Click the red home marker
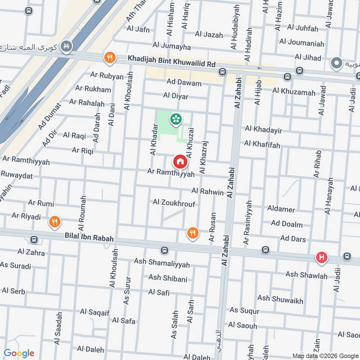(x=180, y=161)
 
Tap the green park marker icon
(x=175, y=119)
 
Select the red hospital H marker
(x=321, y=257)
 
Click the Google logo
(x=19, y=353)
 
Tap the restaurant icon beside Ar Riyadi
(x=54, y=221)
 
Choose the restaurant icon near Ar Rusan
(x=193, y=232)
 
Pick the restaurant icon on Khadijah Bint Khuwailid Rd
(x=109, y=58)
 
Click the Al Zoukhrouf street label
(x=174, y=203)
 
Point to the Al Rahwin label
(x=207, y=192)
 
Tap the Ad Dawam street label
(x=183, y=82)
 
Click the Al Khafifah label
(x=262, y=144)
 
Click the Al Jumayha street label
(x=171, y=46)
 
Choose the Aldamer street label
(x=281, y=210)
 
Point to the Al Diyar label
(x=176, y=96)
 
